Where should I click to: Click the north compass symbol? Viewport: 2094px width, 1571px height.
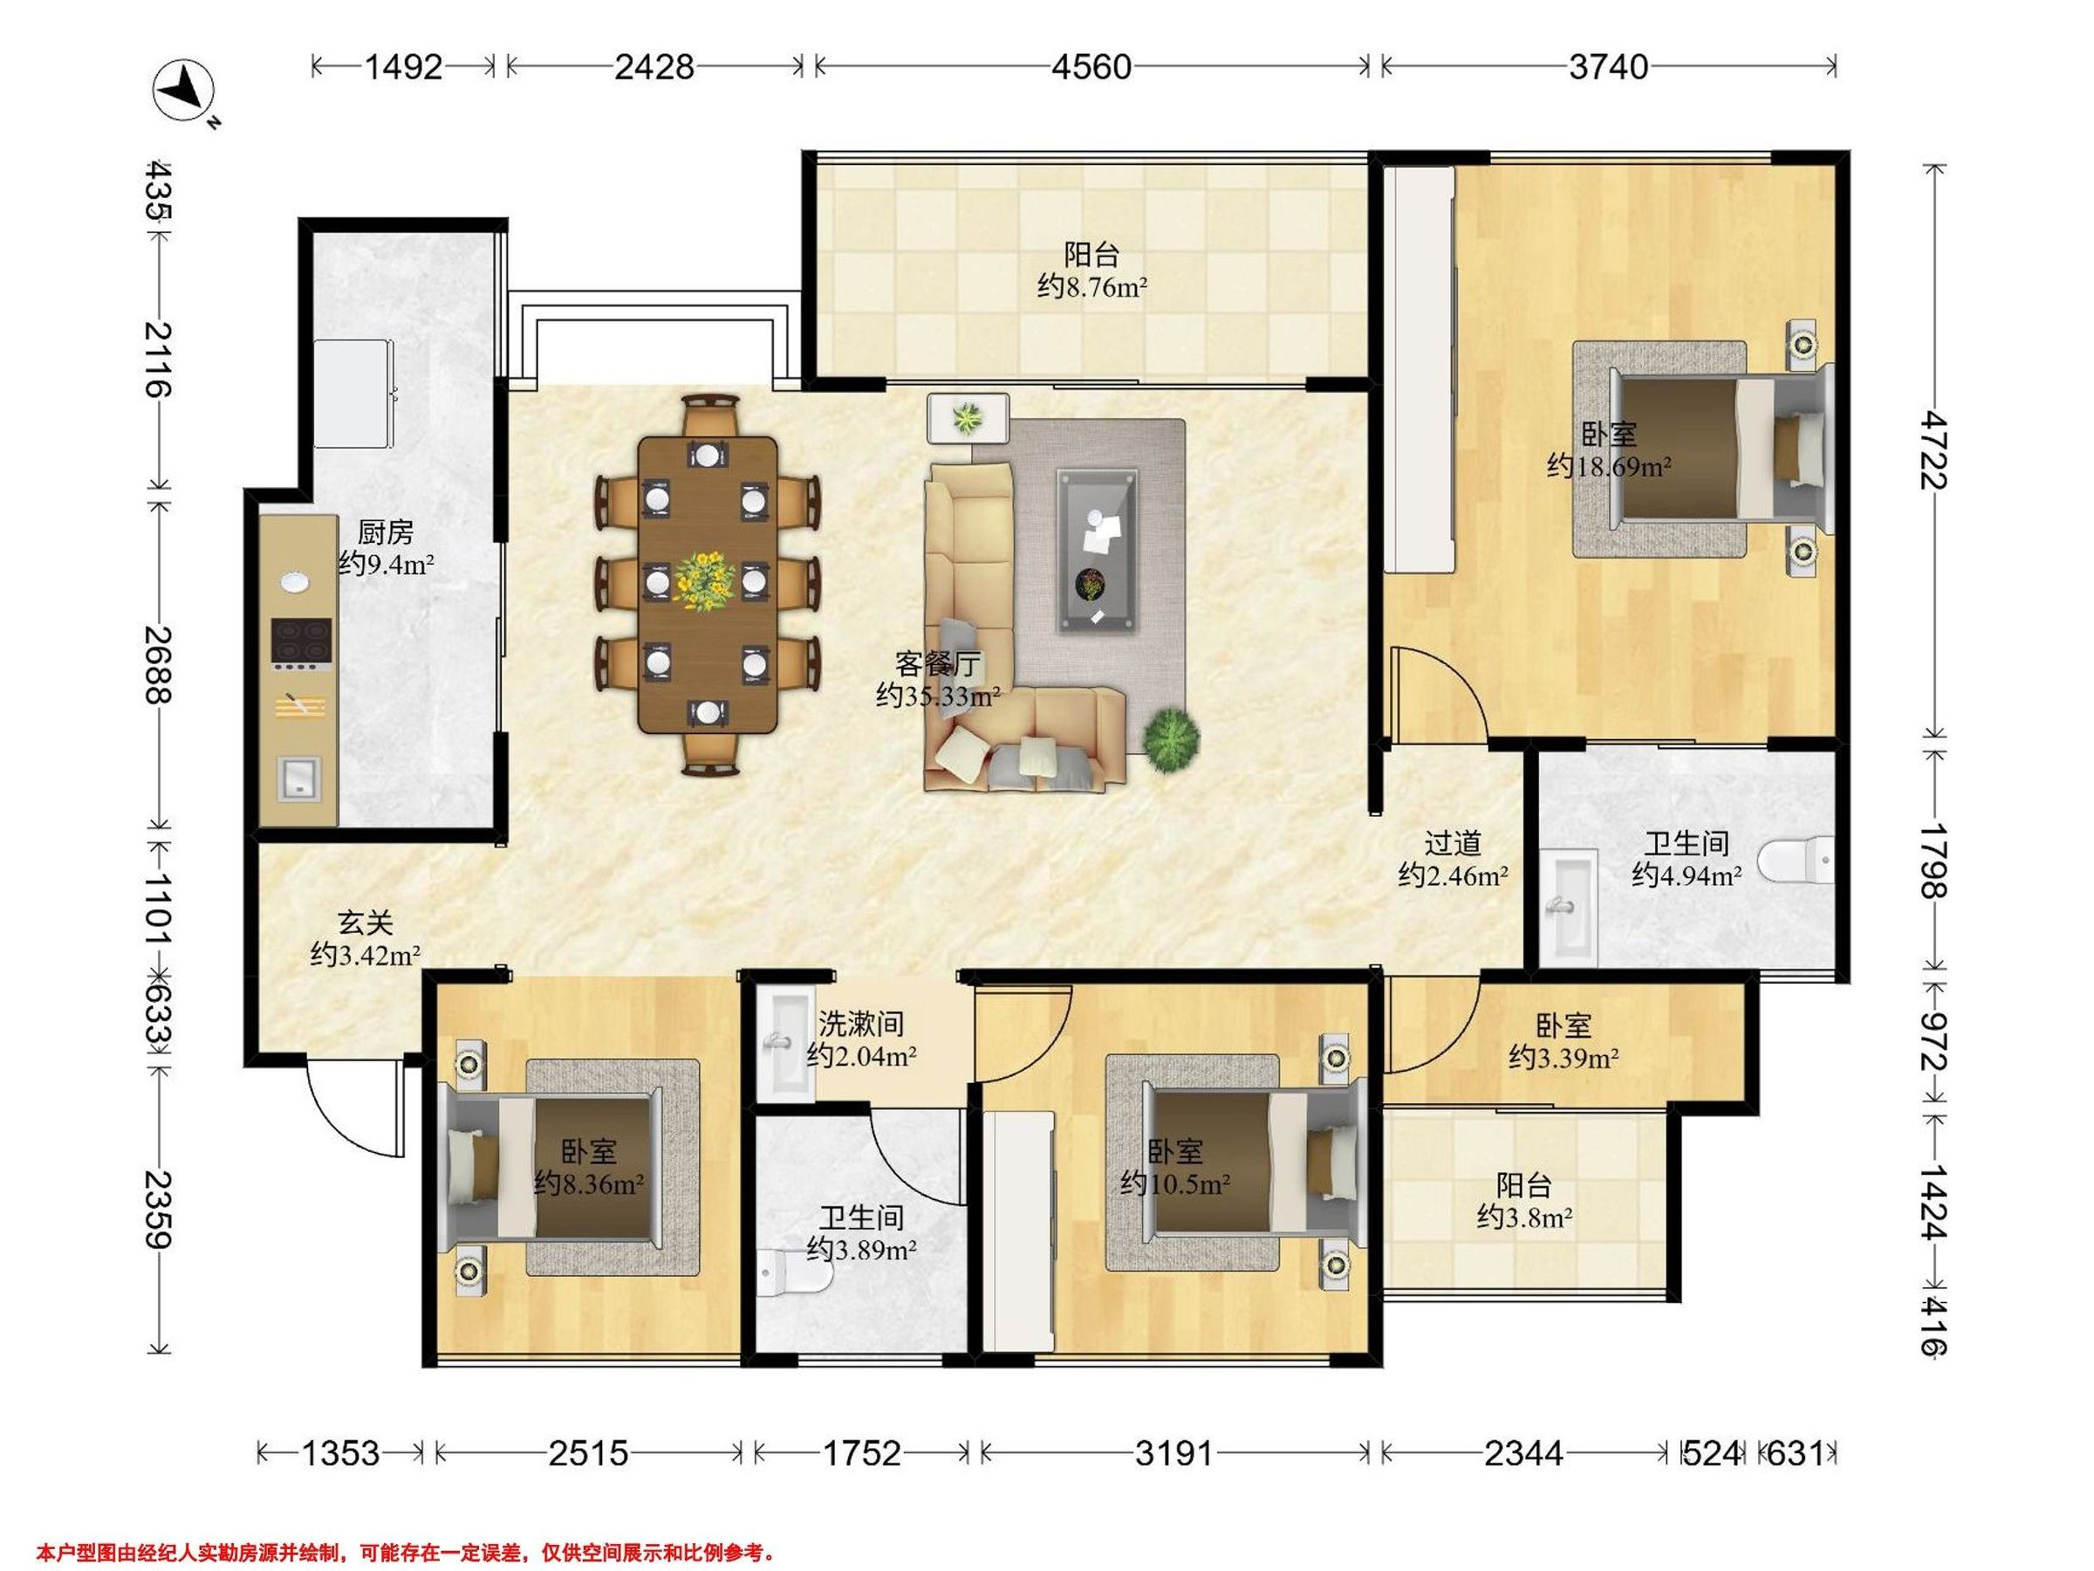point(185,91)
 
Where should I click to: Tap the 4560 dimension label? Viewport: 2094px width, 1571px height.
point(1091,67)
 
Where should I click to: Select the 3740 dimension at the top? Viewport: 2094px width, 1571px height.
point(1608,67)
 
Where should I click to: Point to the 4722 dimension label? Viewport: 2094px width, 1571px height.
point(1934,449)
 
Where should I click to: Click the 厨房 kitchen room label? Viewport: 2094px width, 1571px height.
point(386,532)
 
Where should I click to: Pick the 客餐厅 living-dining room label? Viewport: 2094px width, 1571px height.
point(938,664)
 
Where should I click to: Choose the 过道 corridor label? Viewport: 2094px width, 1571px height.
point(1453,843)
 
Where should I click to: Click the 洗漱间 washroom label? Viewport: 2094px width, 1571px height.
point(860,1024)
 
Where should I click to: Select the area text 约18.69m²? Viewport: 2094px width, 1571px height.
point(1609,466)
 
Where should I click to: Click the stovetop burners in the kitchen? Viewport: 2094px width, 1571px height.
point(302,641)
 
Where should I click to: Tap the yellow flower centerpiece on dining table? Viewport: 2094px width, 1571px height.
point(705,580)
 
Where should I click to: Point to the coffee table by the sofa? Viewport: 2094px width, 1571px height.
point(1098,549)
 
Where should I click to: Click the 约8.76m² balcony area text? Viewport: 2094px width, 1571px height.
point(1092,286)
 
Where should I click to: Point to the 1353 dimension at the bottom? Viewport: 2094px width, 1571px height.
point(340,1452)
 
